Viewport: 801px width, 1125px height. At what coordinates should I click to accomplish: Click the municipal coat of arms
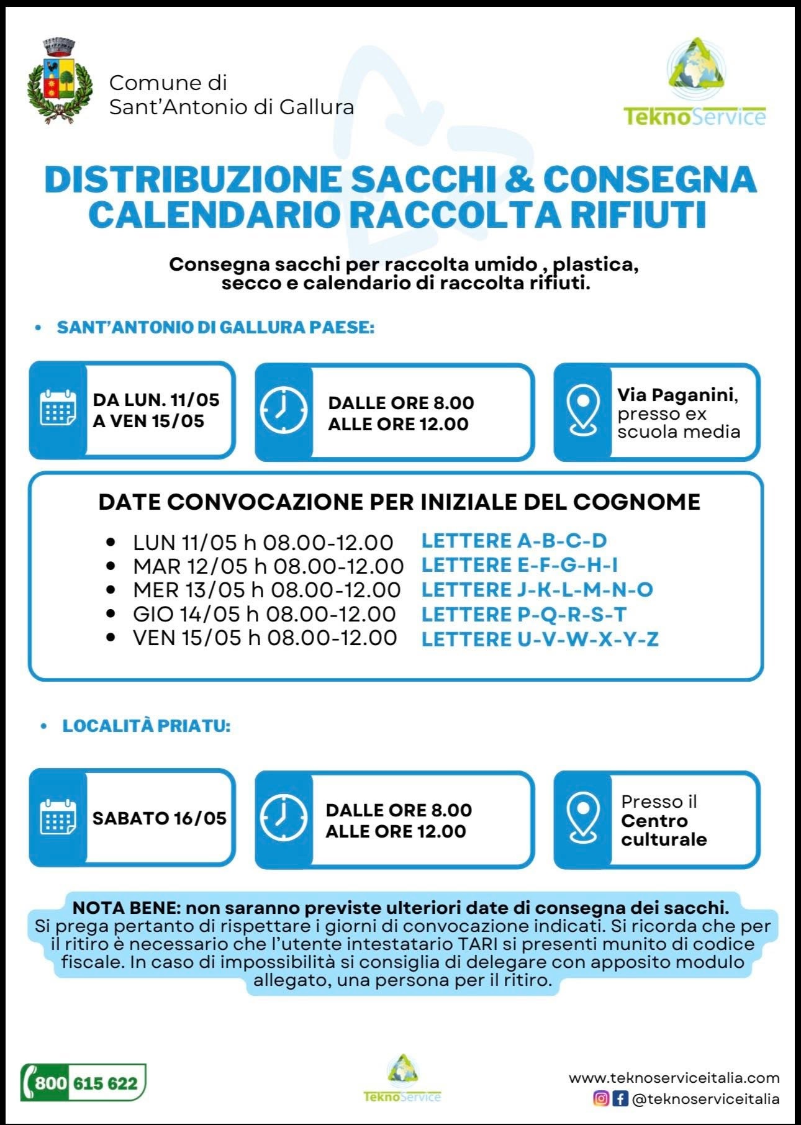60,81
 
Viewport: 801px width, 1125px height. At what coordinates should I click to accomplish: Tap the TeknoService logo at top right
694,83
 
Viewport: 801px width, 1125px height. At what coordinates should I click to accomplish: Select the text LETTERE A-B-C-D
514,541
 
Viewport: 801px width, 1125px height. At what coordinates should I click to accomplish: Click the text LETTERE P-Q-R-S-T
523,614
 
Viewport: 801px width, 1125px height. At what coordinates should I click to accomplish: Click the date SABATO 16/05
160,818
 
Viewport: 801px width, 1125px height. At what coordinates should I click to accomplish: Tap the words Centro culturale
663,830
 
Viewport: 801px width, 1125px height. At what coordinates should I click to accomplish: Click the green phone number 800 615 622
84,1083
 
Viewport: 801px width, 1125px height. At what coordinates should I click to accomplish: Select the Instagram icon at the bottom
601,1098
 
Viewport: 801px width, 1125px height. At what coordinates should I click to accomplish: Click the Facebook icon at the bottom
620,1098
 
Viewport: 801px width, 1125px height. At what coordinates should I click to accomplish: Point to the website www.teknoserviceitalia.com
674,1077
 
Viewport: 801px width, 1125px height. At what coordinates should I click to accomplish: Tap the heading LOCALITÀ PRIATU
147,726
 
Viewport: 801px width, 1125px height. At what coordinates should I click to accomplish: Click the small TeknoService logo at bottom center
402,1079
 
